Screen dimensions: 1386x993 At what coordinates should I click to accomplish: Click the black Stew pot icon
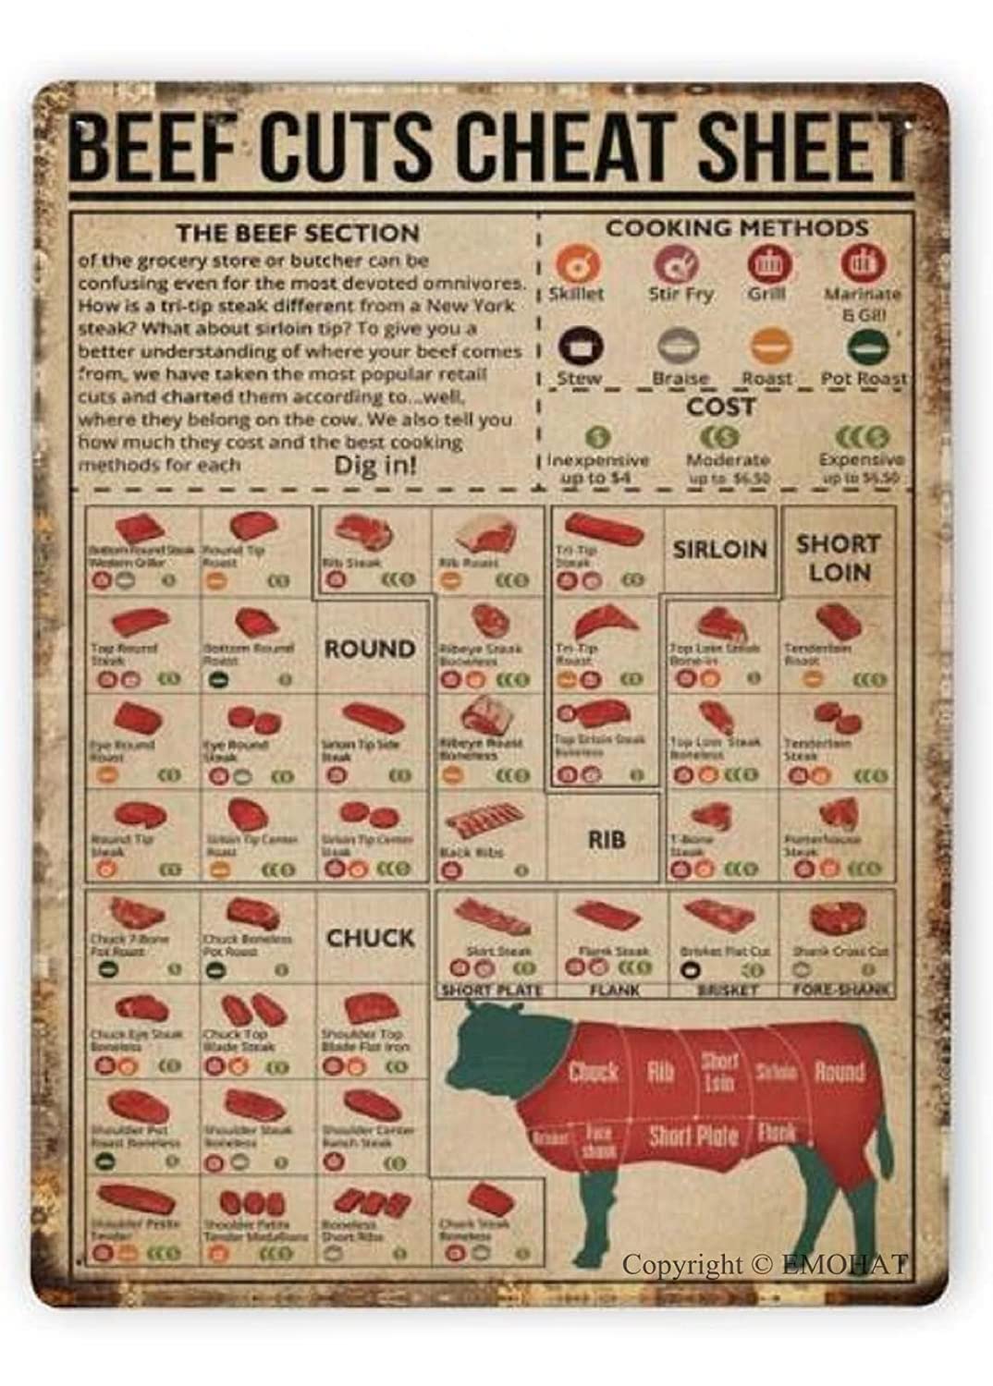point(578,347)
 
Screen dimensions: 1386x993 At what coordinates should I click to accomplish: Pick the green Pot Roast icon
point(866,347)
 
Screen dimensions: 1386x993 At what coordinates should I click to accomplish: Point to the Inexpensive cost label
point(597,460)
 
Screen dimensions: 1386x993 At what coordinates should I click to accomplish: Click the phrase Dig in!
point(374,464)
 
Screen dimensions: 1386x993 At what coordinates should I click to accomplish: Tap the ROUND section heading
point(369,649)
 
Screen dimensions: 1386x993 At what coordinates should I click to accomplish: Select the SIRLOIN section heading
point(719,549)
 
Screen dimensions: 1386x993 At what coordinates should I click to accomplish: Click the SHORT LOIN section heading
point(839,558)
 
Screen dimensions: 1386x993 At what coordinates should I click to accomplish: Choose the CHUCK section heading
point(369,938)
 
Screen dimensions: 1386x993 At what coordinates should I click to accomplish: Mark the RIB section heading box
point(606,839)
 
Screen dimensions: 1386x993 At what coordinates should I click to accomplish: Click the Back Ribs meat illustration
point(484,820)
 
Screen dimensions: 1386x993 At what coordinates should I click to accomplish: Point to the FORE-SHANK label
point(840,990)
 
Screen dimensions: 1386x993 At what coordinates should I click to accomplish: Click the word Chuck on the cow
point(592,1073)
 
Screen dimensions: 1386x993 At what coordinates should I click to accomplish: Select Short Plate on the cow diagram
point(693,1135)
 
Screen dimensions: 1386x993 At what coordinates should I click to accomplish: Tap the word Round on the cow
point(839,1073)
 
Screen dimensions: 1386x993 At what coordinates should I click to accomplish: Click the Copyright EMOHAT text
point(765,1264)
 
